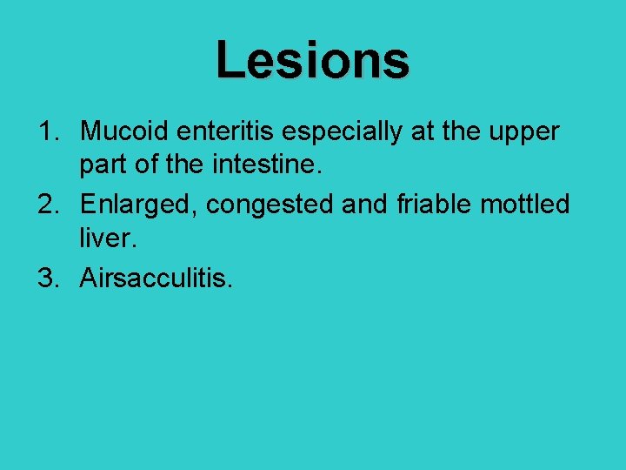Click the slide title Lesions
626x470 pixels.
coord(312,61)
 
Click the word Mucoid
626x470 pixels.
coord(125,131)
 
